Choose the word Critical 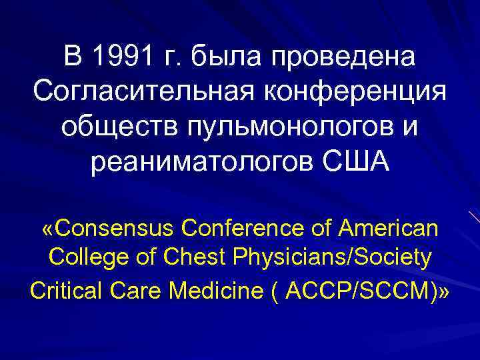point(65,289)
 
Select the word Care point(137,289)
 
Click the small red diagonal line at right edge point(473,217)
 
